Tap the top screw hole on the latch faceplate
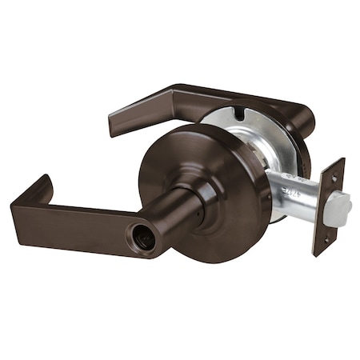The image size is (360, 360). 333,178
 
